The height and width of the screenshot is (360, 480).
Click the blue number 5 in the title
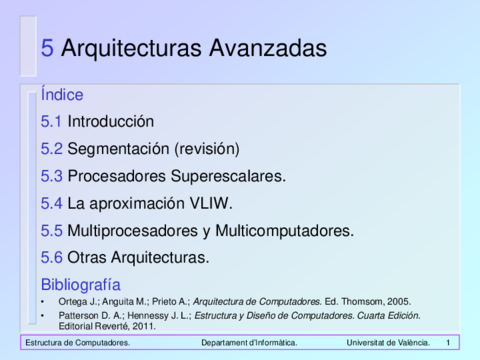(x=47, y=48)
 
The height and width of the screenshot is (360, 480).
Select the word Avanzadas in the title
(x=268, y=48)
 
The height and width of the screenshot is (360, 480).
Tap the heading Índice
(x=62, y=94)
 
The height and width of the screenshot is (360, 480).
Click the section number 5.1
(x=51, y=121)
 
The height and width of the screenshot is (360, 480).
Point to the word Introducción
(x=111, y=121)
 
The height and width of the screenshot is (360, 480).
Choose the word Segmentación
(x=118, y=149)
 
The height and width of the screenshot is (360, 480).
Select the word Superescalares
(x=228, y=176)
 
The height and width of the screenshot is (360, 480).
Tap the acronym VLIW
(x=211, y=203)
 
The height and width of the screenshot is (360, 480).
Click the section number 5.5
(x=52, y=231)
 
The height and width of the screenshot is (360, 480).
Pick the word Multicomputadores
(x=284, y=231)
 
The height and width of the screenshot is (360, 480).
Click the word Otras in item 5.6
(x=87, y=258)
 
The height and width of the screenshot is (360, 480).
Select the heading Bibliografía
(x=81, y=285)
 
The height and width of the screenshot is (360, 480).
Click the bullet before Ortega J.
(x=43, y=302)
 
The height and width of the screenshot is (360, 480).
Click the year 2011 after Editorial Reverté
(x=144, y=326)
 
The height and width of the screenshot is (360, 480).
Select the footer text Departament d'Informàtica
(x=249, y=343)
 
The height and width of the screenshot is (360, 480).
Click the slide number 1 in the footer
(x=448, y=343)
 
